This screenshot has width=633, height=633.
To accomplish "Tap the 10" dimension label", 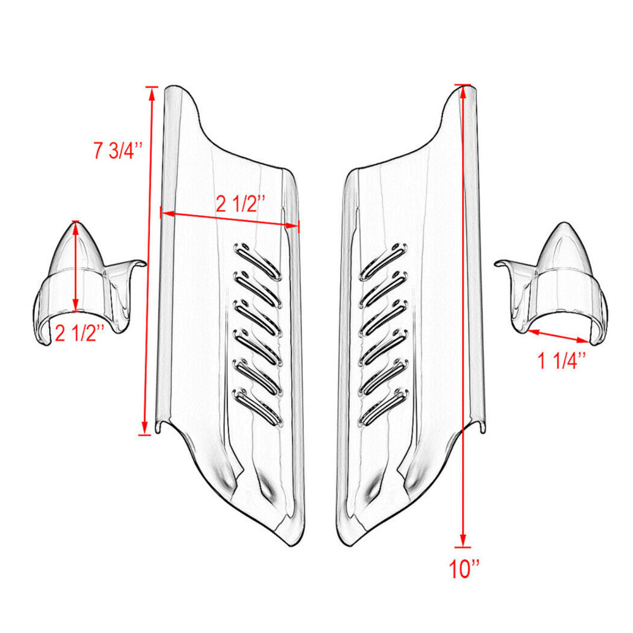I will pos(465,570).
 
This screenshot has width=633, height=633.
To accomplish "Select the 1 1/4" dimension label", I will pos(562,361).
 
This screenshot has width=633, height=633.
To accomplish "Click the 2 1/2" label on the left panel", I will pos(240,204).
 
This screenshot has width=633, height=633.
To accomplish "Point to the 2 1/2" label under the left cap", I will pos(78,334).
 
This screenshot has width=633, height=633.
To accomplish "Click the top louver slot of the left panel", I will pos(257,260).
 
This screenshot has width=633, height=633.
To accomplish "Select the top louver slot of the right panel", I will pos(384,260).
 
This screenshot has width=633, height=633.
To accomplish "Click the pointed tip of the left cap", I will pos(77,222).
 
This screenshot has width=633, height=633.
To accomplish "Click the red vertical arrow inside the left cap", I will pos(77,266).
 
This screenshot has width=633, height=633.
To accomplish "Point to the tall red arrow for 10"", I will pos(464,316).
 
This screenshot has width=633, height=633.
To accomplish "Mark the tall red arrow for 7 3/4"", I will pos(148,260).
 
